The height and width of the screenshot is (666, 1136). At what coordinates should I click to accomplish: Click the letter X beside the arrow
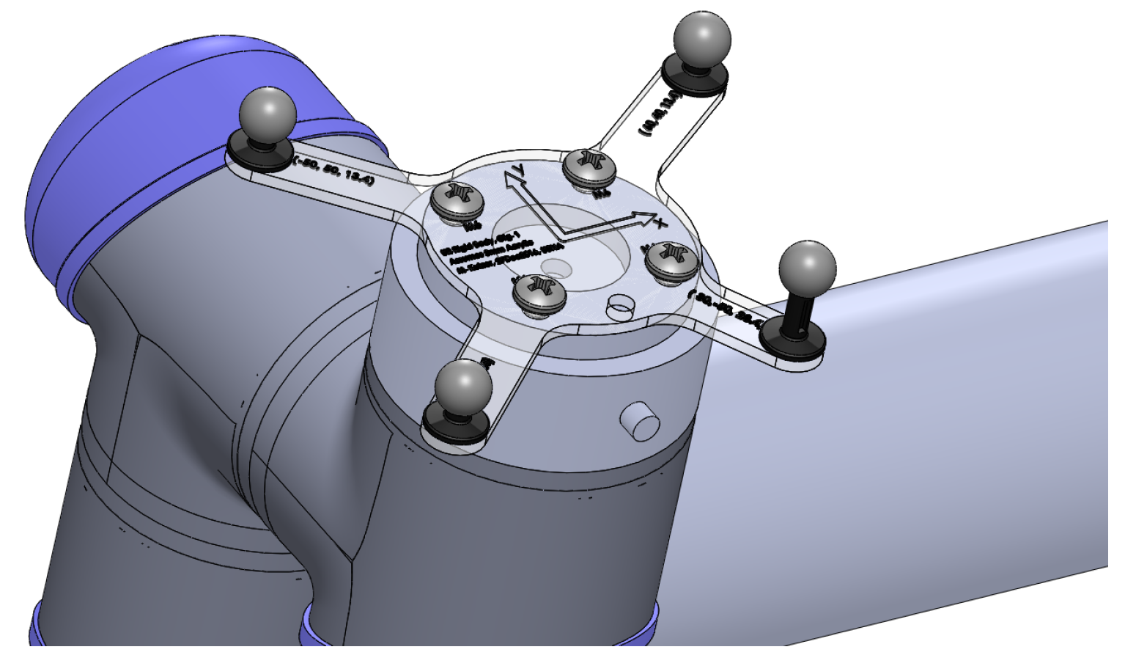point(660,223)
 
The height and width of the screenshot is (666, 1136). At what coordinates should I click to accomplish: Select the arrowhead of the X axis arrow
point(644,217)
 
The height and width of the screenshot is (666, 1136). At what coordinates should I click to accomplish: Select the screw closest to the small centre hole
point(540,291)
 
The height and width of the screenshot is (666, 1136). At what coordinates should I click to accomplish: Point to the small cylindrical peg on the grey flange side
point(639,421)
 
